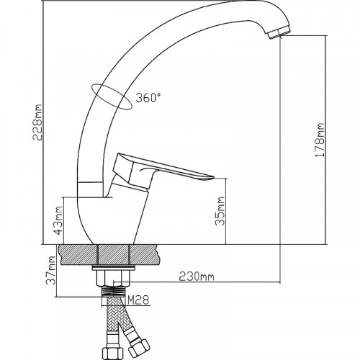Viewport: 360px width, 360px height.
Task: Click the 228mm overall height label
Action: [37, 122]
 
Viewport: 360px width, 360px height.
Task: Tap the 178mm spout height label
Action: [320, 140]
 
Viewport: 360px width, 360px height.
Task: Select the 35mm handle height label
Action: [220, 211]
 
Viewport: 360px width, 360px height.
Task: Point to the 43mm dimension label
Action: [58, 220]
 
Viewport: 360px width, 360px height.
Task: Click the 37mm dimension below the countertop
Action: [51, 271]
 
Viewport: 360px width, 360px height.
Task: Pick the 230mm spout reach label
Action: [197, 276]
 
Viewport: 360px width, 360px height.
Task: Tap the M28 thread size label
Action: [138, 300]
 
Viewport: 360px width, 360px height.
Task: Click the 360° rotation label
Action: [148, 98]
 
